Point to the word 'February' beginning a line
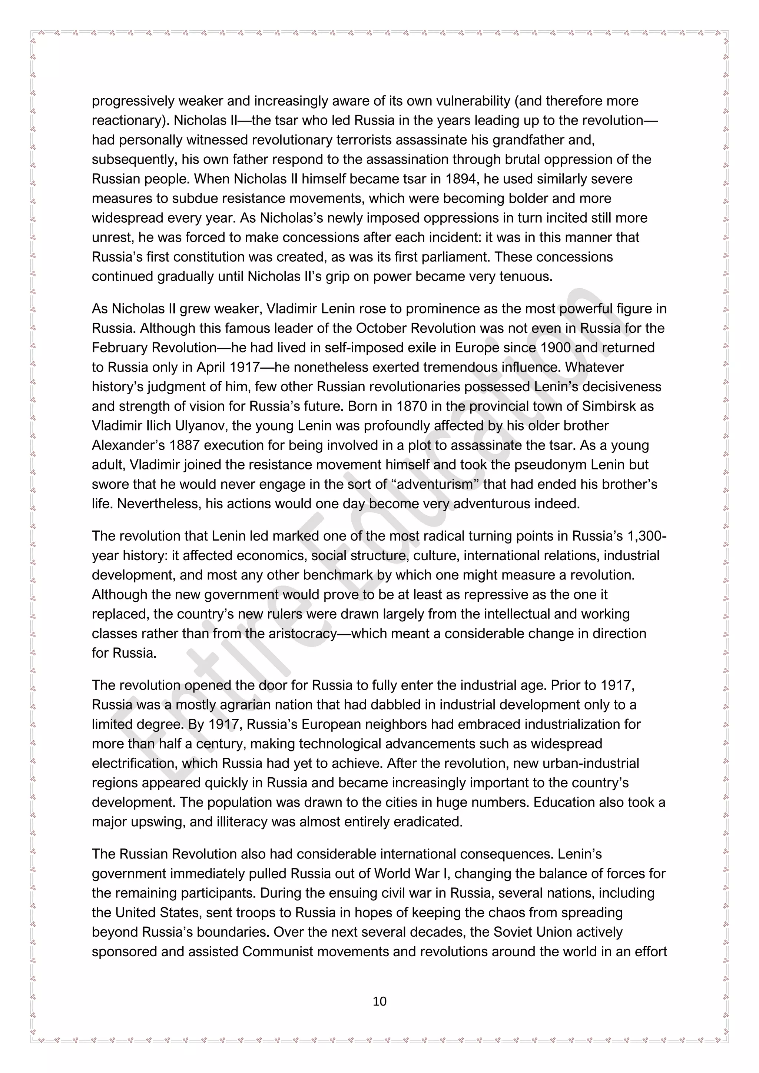[118, 348]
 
